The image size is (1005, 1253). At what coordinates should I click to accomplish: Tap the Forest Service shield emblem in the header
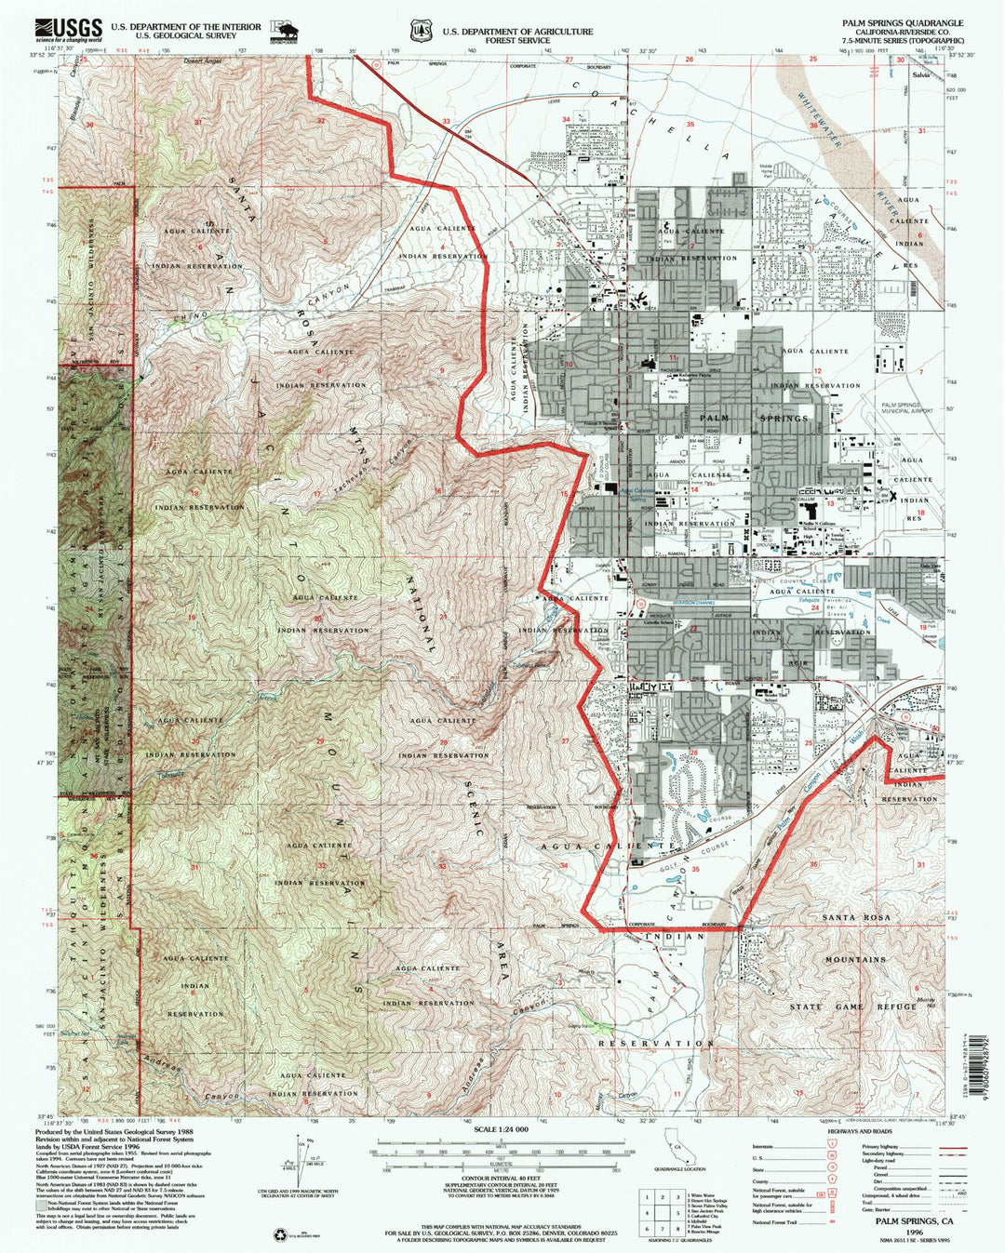(x=423, y=31)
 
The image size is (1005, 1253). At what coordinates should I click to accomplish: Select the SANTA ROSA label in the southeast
(x=855, y=917)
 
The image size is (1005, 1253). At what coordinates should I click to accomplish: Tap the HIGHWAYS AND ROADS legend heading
(x=848, y=1131)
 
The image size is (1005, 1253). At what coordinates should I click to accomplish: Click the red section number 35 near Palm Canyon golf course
(x=695, y=870)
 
